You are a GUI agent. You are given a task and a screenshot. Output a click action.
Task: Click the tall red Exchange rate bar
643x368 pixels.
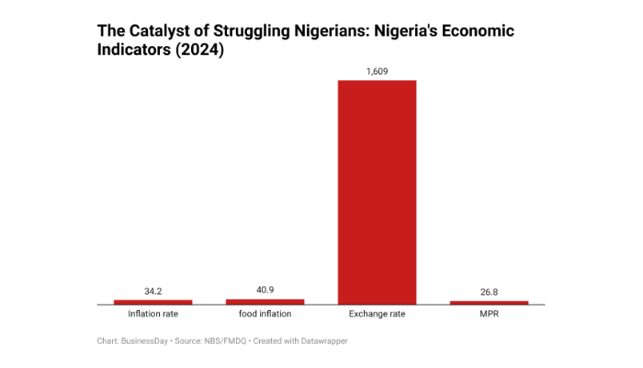click(377, 191)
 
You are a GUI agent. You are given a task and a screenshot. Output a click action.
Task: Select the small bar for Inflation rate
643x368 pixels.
click(152, 301)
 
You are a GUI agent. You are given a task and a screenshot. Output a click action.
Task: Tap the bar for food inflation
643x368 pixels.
click(265, 301)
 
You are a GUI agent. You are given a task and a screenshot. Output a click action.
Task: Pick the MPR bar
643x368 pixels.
click(489, 302)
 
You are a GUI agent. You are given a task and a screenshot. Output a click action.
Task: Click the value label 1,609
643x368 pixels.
click(377, 70)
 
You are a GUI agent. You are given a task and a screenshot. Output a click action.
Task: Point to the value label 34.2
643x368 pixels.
click(152, 291)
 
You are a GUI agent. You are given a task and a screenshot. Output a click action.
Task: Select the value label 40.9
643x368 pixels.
click(265, 290)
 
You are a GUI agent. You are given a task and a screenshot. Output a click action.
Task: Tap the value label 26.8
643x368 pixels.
click(489, 293)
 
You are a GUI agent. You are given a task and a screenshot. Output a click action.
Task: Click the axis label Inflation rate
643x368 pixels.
click(152, 315)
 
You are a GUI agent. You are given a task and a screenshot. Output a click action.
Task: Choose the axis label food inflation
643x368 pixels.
click(265, 315)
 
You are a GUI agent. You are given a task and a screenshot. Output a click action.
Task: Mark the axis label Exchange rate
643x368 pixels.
click(377, 315)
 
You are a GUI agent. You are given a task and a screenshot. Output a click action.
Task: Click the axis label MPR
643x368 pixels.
click(489, 315)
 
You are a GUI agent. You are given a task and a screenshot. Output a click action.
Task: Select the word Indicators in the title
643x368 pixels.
click(137, 52)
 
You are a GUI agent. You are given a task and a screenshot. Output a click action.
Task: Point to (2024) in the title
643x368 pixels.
click(202, 52)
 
